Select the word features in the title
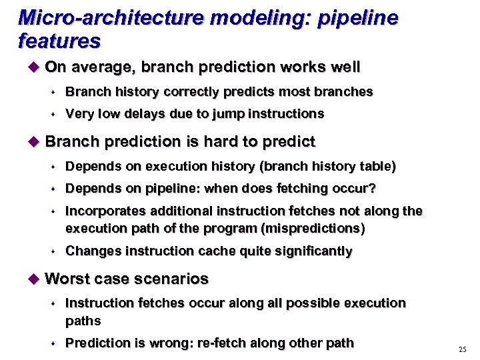(x=59, y=42)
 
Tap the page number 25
(x=463, y=350)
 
